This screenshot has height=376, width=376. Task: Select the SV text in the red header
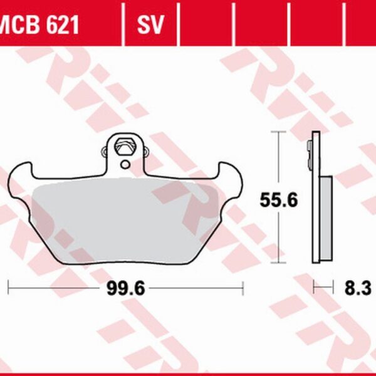[150, 26]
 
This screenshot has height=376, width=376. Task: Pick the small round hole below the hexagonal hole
[125, 165]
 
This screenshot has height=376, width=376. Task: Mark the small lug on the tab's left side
[104, 151]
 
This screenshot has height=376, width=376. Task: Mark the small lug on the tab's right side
[146, 151]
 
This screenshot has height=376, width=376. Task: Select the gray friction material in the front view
[125, 213]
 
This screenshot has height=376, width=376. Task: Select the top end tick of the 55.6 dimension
[278, 132]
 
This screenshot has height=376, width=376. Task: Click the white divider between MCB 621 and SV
[123, 26]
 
